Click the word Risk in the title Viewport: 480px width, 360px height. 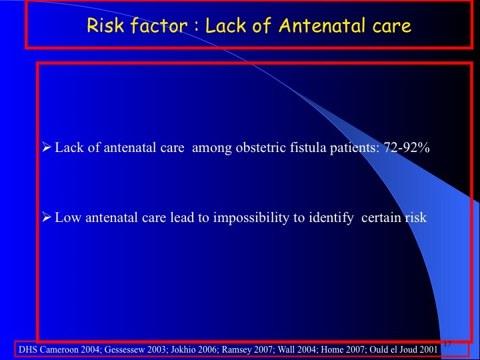click(x=105, y=25)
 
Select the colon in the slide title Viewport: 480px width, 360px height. click(x=196, y=27)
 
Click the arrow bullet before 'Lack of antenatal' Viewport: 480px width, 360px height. click(x=46, y=147)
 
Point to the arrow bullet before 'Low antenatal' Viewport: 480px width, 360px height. click(x=46, y=217)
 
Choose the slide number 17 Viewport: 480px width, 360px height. click(x=447, y=344)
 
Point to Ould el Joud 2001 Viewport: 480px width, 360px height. click(x=403, y=349)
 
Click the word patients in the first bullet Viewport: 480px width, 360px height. click(x=354, y=148)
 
